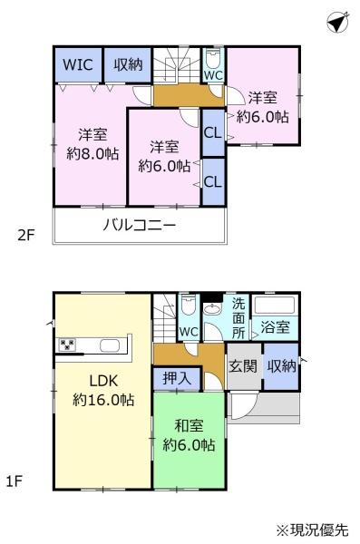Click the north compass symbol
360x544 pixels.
click(x=337, y=22)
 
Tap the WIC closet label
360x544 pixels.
click(x=78, y=64)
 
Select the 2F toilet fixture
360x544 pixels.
click(x=213, y=58)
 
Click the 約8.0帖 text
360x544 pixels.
click(x=92, y=154)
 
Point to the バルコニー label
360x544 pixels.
click(x=140, y=226)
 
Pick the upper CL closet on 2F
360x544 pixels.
click(x=213, y=132)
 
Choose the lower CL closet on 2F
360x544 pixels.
click(x=213, y=181)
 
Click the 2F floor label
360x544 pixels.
click(x=26, y=236)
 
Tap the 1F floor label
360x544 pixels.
click(x=15, y=481)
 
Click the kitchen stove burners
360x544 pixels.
click(x=67, y=345)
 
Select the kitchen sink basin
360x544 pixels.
click(x=110, y=346)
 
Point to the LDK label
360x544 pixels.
click(x=103, y=381)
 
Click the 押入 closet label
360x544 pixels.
click(x=177, y=378)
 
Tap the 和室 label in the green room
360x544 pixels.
click(x=189, y=426)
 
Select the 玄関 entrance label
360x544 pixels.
click(x=243, y=366)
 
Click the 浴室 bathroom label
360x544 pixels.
click(x=275, y=326)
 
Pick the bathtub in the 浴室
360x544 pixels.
click(x=275, y=305)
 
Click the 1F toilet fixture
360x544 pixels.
click(x=189, y=305)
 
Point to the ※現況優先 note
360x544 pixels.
click(x=312, y=530)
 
